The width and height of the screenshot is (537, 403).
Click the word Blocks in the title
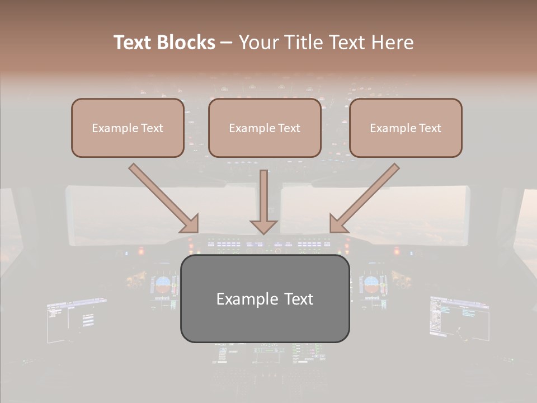187,43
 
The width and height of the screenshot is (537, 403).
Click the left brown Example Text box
128,128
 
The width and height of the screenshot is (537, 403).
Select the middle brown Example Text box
265,128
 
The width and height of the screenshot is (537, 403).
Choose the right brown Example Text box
406,128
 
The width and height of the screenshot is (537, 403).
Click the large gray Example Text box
265,299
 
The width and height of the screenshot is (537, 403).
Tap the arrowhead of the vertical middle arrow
263,227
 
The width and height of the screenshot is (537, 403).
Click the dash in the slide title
227,43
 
